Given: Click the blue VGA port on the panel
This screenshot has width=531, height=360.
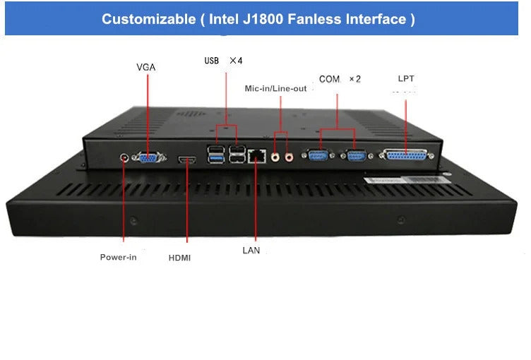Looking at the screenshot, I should click(x=149, y=158).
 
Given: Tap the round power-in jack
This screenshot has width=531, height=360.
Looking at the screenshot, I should click(x=126, y=157).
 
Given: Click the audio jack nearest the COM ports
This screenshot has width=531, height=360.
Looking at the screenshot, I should click(x=288, y=156).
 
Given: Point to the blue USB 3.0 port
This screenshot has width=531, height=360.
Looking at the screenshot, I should click(x=215, y=159).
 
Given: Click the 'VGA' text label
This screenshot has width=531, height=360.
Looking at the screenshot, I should click(x=146, y=67).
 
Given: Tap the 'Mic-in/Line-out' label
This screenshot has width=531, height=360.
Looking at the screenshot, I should click(x=275, y=89).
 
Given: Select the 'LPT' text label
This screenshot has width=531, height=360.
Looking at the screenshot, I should click(x=406, y=78).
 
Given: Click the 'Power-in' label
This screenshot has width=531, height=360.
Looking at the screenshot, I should click(x=118, y=257).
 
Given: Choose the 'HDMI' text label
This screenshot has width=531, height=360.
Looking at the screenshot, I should click(x=179, y=258).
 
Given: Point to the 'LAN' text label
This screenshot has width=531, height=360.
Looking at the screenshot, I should click(x=251, y=250).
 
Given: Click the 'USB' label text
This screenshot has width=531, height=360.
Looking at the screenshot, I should click(x=212, y=61).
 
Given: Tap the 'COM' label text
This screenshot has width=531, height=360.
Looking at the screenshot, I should click(x=330, y=79).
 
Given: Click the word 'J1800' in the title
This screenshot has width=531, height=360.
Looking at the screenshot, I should click(x=265, y=19).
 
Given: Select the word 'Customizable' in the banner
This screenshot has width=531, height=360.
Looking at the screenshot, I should click(x=147, y=19).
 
